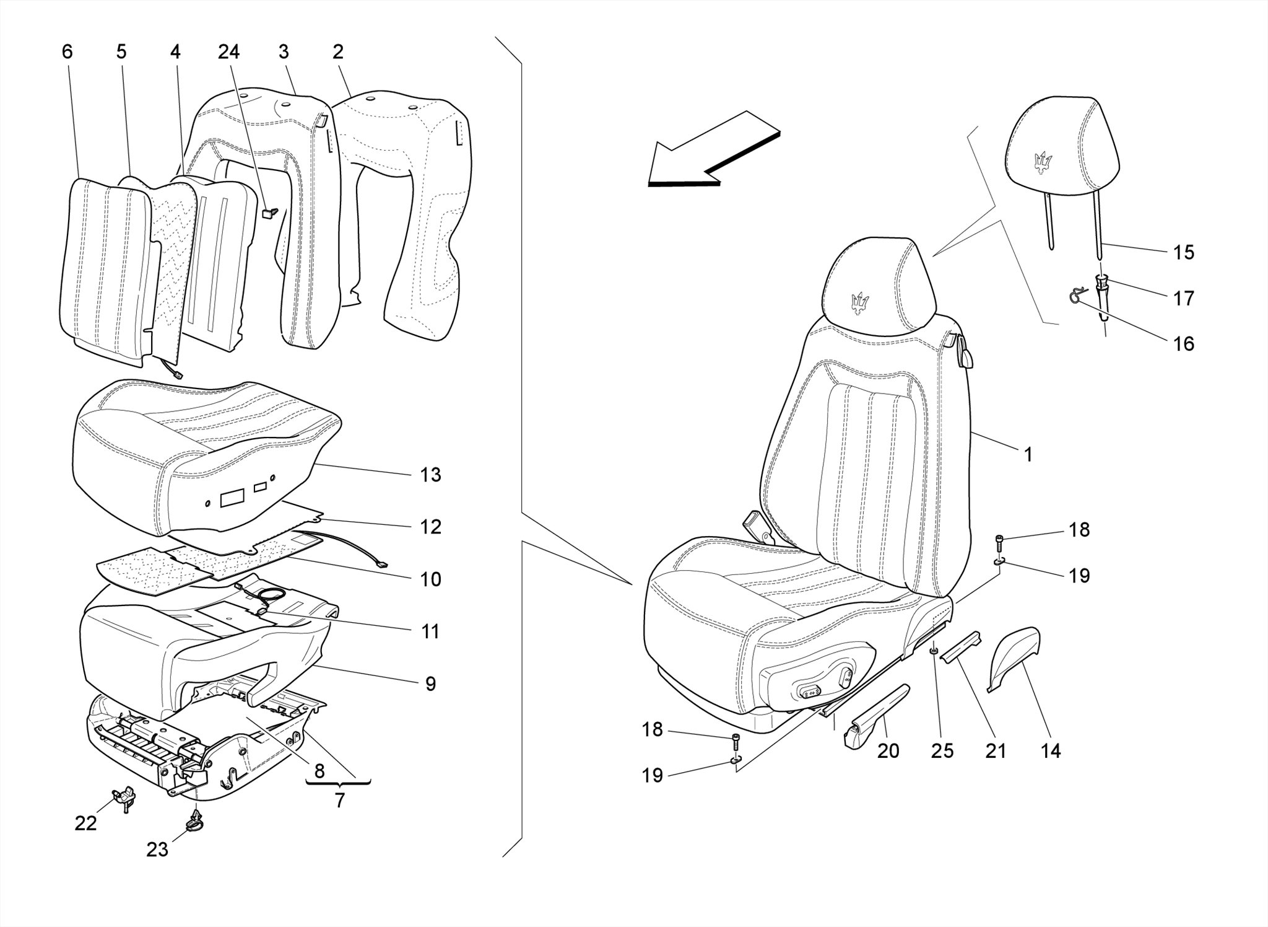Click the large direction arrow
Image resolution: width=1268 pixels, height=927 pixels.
(712, 152)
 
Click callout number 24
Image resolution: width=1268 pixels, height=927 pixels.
(228, 52)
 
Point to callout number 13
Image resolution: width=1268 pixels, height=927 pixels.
(430, 475)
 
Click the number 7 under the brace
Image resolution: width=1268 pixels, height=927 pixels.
(339, 800)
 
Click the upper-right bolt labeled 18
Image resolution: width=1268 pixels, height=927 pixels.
(999, 542)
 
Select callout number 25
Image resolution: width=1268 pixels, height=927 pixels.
(942, 750)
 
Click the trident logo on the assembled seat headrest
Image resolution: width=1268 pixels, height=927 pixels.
(860, 302)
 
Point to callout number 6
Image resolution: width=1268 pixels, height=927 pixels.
(67, 52)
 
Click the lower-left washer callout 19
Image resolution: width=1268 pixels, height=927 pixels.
(652, 775)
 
